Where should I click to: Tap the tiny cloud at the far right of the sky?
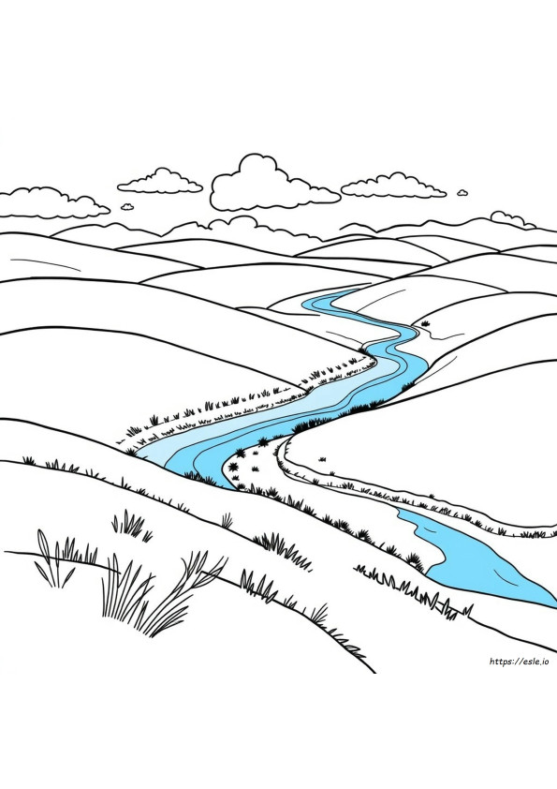462,192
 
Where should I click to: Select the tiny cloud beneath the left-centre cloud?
127,206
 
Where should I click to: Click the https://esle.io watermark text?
520,662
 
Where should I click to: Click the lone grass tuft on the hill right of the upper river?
426,323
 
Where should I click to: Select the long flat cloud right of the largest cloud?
393,186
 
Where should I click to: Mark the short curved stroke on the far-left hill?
45,263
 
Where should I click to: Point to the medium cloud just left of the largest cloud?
160,182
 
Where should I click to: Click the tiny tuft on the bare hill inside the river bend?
322,459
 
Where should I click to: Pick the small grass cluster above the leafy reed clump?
131,525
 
